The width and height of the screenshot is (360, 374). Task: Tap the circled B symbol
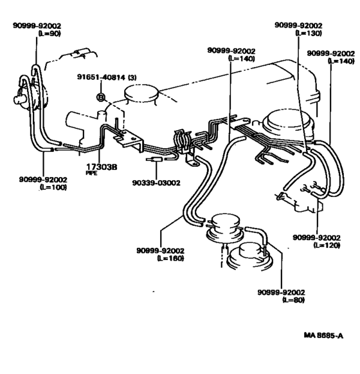[x=100, y=97]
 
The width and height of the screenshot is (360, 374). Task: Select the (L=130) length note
[x=308, y=33]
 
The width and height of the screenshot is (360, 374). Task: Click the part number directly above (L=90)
[x=37, y=25]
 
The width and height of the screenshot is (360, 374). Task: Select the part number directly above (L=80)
[x=280, y=292]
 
